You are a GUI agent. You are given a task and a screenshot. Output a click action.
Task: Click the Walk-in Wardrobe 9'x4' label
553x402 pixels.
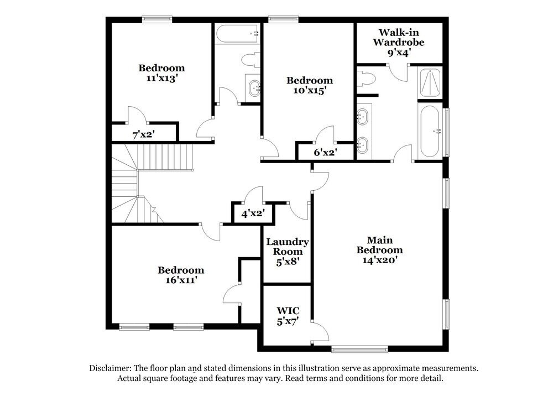click(x=398, y=42)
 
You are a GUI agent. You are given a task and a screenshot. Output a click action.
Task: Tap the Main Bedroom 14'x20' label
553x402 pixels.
click(x=380, y=249)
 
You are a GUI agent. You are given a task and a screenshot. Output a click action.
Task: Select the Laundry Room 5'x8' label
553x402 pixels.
click(x=287, y=251)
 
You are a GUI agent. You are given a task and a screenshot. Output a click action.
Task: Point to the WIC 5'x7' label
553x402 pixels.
click(x=287, y=316)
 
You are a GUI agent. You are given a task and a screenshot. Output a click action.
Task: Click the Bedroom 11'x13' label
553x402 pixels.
click(x=161, y=73)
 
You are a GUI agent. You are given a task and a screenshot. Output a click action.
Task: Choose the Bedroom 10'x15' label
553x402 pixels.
click(x=309, y=86)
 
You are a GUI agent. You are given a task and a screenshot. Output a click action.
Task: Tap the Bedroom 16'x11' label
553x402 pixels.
click(x=181, y=275)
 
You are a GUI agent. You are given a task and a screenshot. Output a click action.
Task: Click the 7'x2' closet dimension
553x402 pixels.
click(x=143, y=134)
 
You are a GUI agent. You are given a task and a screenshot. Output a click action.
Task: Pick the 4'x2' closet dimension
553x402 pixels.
click(x=252, y=212)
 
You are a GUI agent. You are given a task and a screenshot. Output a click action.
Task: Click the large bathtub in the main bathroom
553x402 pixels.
click(x=430, y=132)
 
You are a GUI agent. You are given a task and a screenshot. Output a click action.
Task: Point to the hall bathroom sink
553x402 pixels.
click(x=254, y=87)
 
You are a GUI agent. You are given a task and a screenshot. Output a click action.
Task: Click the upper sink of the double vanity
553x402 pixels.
click(x=362, y=116)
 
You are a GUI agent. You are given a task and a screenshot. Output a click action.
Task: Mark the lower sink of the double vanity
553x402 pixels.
click(x=362, y=145)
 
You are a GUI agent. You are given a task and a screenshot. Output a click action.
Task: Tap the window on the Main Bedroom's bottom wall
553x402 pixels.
click(x=359, y=349)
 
